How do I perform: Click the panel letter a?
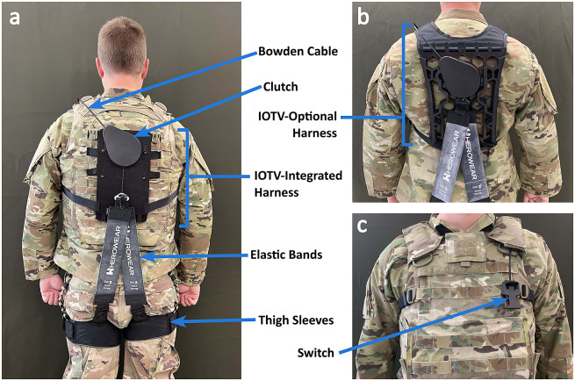point(15,18)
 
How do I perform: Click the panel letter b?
point(363,17)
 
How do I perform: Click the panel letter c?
point(362,226)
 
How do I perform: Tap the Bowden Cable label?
point(298,51)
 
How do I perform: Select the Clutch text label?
point(281,87)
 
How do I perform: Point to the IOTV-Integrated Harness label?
point(298,183)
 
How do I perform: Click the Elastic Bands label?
point(286,255)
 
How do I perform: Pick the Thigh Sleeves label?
point(296,320)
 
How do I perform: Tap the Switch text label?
point(316,353)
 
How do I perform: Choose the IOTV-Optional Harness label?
point(298,125)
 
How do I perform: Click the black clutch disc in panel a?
point(122,146)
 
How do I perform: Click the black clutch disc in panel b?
point(459,76)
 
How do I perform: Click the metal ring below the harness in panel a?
point(121,198)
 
